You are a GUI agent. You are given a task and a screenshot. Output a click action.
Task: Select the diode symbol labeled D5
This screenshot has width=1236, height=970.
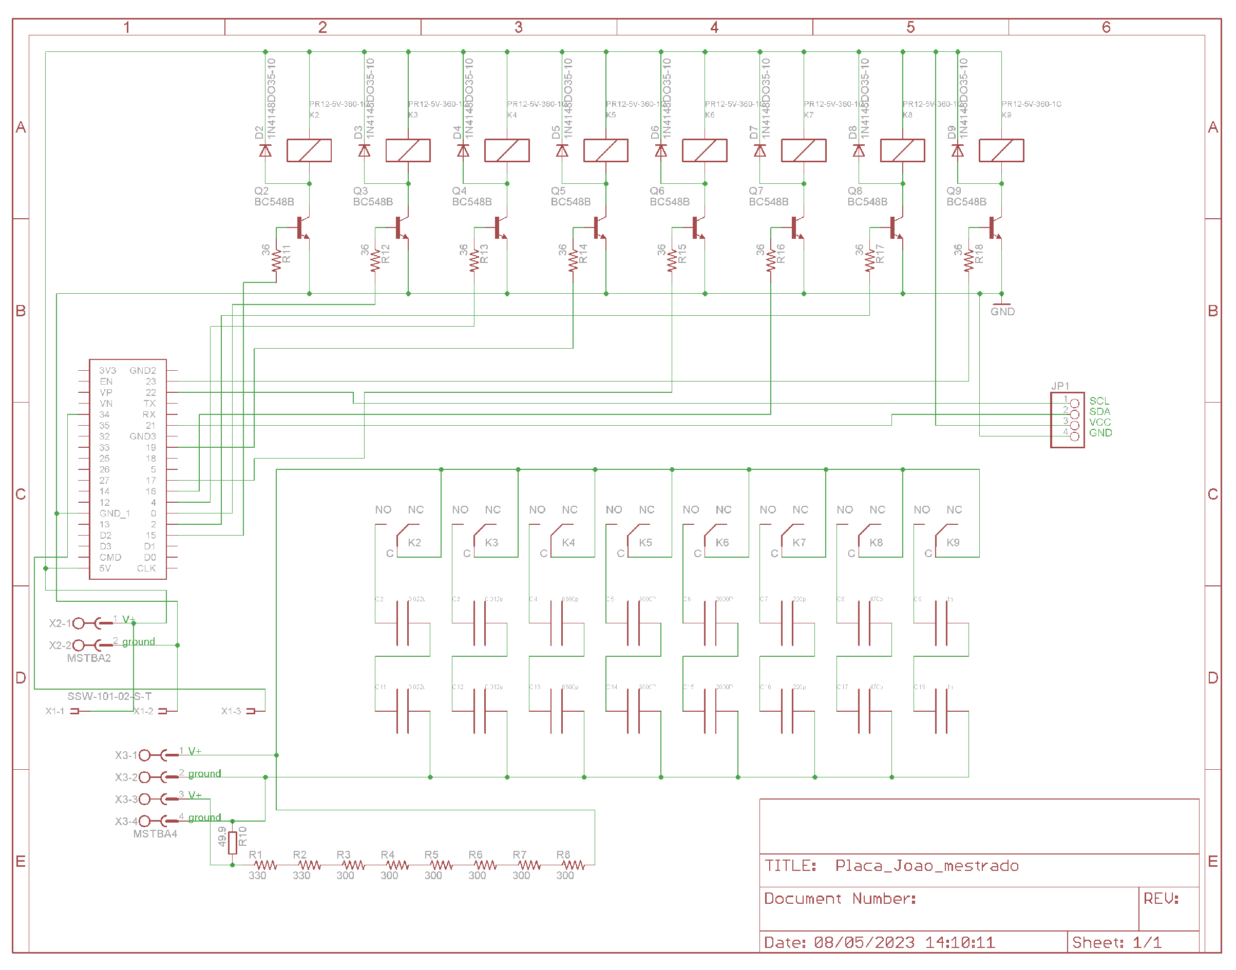(562, 150)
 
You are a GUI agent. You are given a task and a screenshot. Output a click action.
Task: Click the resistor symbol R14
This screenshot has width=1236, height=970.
(573, 261)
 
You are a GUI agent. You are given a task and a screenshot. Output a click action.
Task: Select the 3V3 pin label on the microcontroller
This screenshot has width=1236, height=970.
(107, 370)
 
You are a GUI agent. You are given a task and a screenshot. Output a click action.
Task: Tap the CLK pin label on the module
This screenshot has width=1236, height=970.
(146, 568)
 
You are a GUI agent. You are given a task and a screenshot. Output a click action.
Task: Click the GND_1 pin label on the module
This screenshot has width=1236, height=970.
(114, 513)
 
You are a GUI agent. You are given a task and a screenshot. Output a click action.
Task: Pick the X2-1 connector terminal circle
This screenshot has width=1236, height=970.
(79, 623)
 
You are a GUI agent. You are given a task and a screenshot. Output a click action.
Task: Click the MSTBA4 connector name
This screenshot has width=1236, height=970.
(155, 834)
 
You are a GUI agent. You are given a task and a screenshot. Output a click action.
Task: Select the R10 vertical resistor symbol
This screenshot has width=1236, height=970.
(232, 843)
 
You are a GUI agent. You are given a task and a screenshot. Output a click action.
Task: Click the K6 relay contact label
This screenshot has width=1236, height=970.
(721, 542)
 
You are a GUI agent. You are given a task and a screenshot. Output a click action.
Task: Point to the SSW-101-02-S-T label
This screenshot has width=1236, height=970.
(109, 696)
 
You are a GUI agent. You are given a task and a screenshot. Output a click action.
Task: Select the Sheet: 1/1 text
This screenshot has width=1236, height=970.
(1116, 943)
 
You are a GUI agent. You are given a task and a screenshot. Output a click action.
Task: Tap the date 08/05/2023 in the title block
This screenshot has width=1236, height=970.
(864, 943)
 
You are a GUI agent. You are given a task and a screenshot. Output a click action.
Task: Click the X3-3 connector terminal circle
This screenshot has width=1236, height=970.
(145, 799)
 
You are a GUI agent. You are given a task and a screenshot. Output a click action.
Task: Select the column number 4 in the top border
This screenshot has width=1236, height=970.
(714, 27)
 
